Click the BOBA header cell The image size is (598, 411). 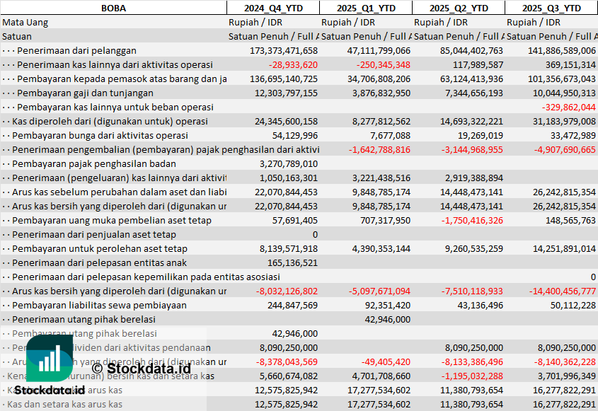pyautogui.click(x=113, y=8)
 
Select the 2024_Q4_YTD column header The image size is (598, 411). pyautogui.click(x=272, y=8)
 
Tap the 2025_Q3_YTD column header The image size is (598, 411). pyautogui.click(x=551, y=8)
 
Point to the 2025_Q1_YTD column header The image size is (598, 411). pyautogui.click(x=365, y=8)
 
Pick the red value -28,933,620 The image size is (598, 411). pyautogui.click(x=293, y=64)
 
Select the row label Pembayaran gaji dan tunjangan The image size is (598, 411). pyautogui.click(x=85, y=93)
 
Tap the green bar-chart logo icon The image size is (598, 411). pyautogui.click(x=51, y=357)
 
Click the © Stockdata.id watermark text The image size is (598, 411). pyautogui.click(x=141, y=368)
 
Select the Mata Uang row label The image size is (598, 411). pyautogui.click(x=25, y=22)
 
